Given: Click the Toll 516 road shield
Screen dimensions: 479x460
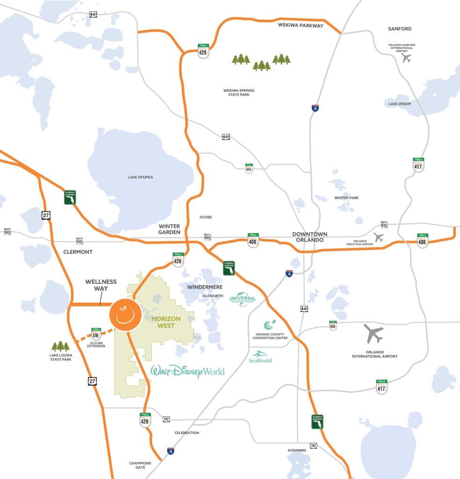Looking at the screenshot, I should tap(96, 333).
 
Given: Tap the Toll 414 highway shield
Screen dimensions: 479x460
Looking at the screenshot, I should tap(249, 168).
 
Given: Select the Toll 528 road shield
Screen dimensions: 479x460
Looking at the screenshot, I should tap(333, 325).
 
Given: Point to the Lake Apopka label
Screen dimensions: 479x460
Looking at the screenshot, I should tap(140, 177).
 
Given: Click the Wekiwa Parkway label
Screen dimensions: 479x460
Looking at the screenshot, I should tap(301, 26).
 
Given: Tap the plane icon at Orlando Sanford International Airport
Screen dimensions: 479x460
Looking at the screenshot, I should tap(406, 58).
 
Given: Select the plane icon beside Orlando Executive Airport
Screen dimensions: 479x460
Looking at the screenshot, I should tap(379, 237).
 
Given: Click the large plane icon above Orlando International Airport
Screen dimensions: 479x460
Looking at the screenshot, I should tap(374, 334).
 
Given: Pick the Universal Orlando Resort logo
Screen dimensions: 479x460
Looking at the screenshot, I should tap(243, 300).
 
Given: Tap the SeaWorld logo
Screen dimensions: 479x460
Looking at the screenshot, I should tap(261, 357).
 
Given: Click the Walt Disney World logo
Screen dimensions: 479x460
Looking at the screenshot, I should tap(187, 371).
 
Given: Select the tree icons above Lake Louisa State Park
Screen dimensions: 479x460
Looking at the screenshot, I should tap(60, 346).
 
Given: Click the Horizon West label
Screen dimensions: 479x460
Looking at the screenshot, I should tap(166, 322).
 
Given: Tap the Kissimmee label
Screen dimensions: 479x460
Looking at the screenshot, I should tap(297, 450).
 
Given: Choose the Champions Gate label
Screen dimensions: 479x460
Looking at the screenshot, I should tap(140, 465).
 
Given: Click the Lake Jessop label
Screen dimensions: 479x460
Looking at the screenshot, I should tap(400, 103).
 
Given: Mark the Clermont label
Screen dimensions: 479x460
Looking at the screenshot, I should tap(78, 252).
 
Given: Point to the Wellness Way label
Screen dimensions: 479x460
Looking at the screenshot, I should tap(101, 285).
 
